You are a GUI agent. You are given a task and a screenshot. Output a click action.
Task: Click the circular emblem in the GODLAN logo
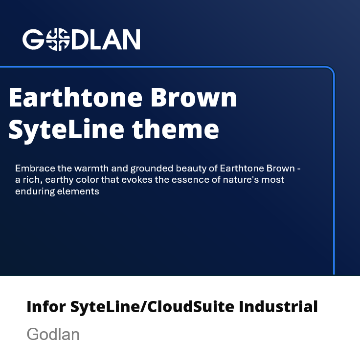click(58, 39)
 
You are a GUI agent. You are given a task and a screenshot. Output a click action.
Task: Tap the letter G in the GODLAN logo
click(33, 40)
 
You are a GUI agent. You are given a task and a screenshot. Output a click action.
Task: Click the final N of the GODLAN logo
click(131, 40)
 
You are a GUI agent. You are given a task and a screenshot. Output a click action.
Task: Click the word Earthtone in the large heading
click(76, 97)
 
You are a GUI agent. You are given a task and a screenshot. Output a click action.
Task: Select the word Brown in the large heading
click(194, 97)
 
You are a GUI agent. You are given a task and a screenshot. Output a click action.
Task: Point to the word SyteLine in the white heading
click(67, 130)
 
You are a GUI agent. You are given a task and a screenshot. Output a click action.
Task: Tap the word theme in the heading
click(176, 129)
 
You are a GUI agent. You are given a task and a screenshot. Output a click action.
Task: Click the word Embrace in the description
click(35, 169)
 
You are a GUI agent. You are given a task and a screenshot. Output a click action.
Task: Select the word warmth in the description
click(92, 169)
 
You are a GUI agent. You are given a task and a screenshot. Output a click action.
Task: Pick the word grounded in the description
click(152, 169)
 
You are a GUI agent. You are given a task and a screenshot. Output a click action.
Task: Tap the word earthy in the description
click(59, 180)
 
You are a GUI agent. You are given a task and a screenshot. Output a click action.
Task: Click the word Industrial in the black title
click(278, 307)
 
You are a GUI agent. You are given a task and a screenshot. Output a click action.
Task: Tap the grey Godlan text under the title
click(53, 334)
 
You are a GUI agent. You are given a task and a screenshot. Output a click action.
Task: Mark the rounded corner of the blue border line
click(331, 70)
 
